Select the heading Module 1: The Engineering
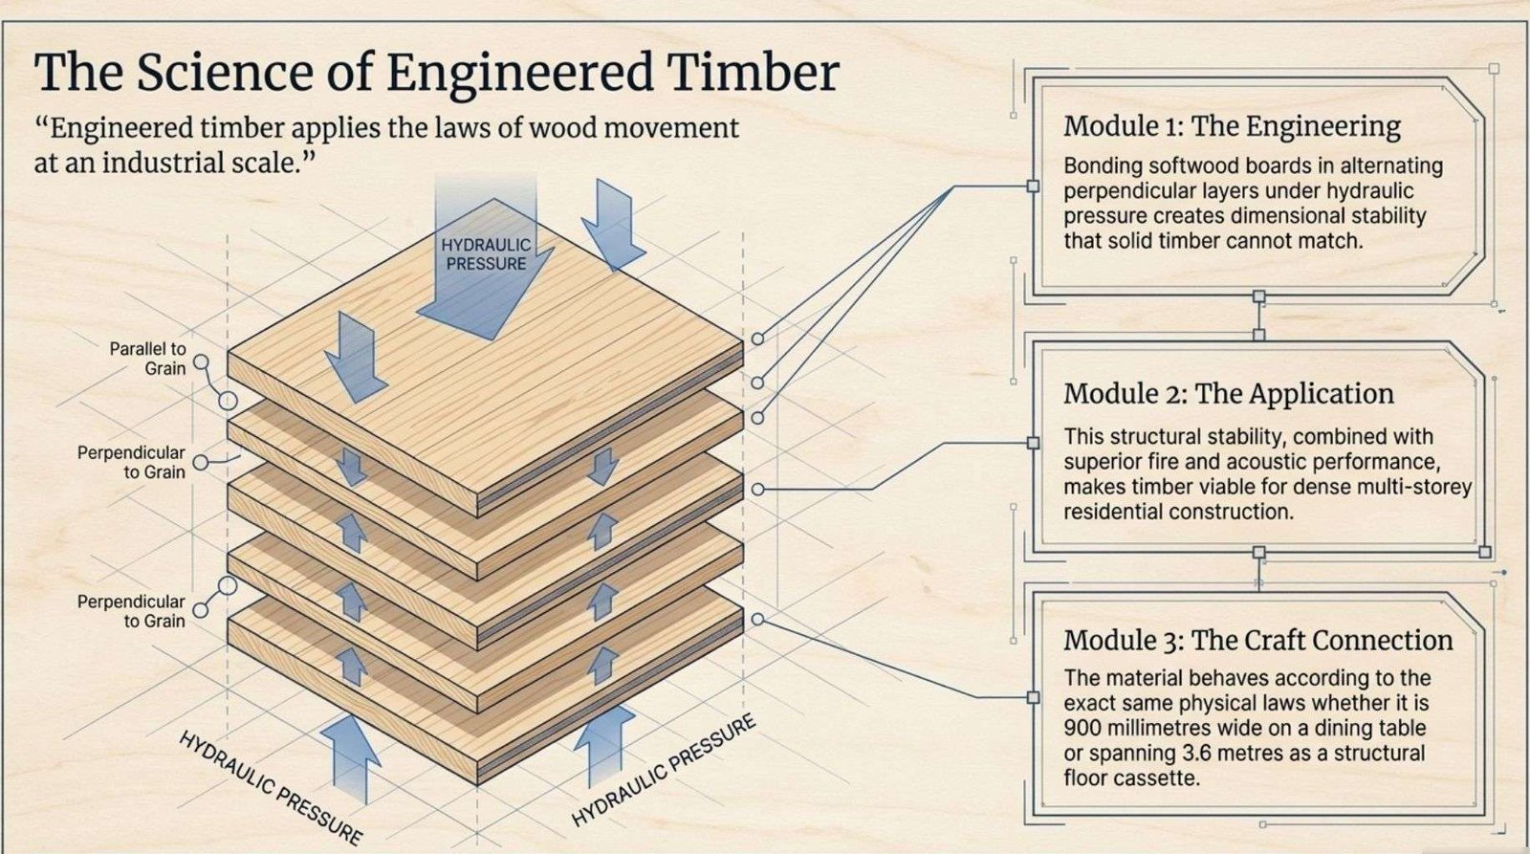1232,126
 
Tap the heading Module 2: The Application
1229,394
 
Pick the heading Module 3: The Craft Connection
1257,640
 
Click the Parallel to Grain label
147,359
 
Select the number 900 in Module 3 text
1082,728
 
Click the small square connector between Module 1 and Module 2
1258,297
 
